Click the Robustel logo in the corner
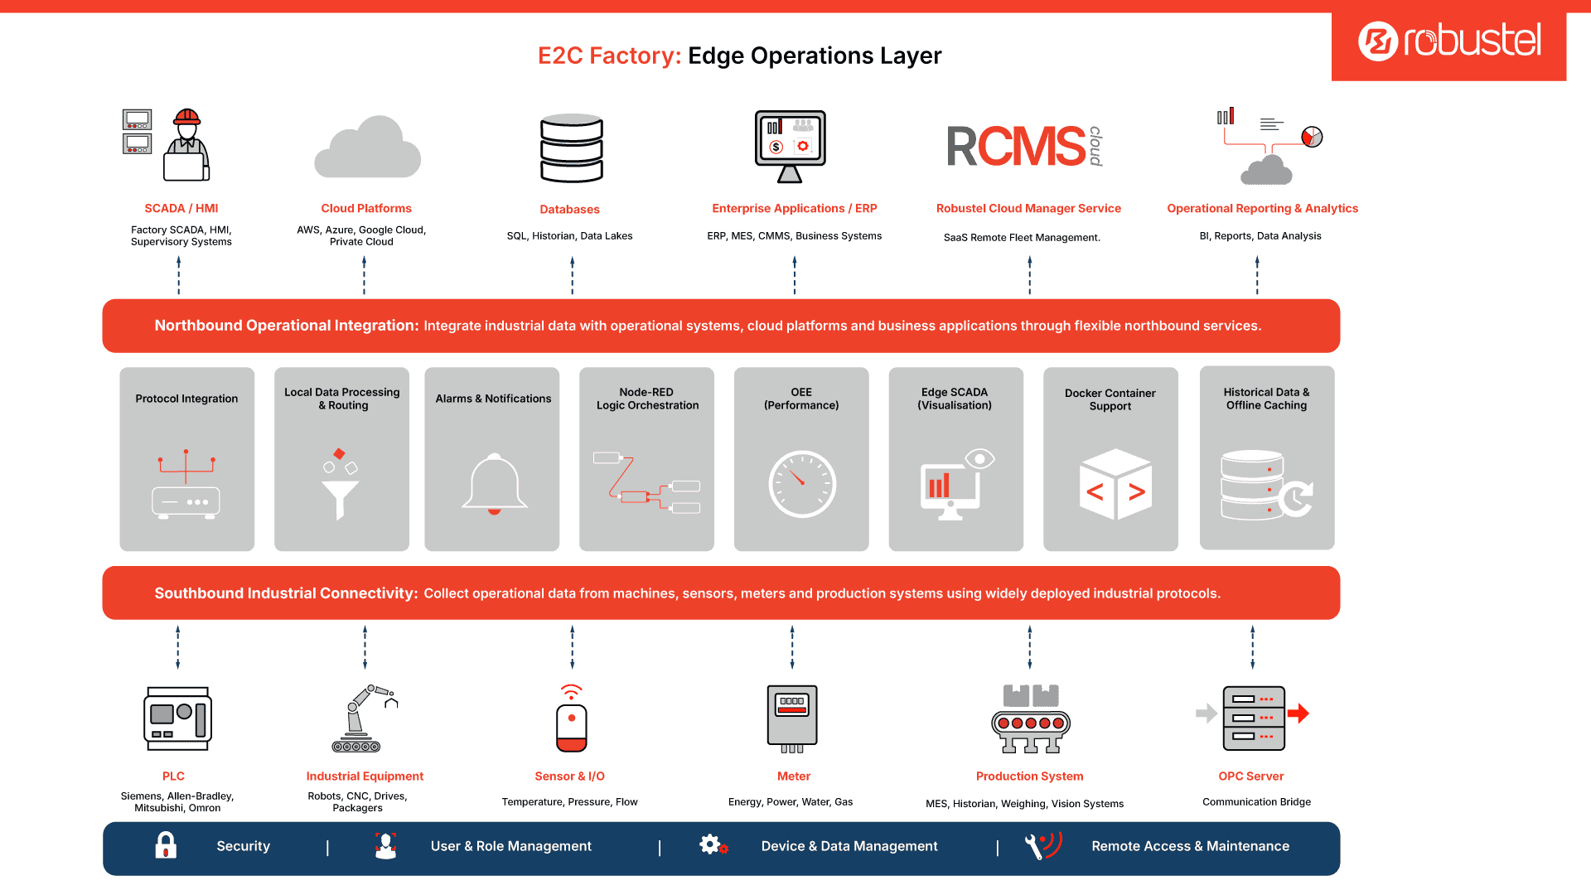pos(1449,41)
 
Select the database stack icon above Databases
pos(572,148)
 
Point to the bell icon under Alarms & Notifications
pos(495,484)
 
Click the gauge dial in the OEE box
pos(802,484)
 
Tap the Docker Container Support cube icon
pos(1115,485)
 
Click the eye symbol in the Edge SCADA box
pos(979,458)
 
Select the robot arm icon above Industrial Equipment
pos(363,718)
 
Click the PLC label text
pos(173,776)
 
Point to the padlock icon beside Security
pos(166,845)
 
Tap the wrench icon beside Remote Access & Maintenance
pos(1033,847)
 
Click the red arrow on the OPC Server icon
pos(1298,714)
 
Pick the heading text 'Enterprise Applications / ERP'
pos(795,209)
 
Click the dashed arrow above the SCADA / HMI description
pos(179,275)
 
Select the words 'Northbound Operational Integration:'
pos(287,326)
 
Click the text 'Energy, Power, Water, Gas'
pos(791,802)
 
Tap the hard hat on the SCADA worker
pos(187,117)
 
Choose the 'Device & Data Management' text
pos(849,846)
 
